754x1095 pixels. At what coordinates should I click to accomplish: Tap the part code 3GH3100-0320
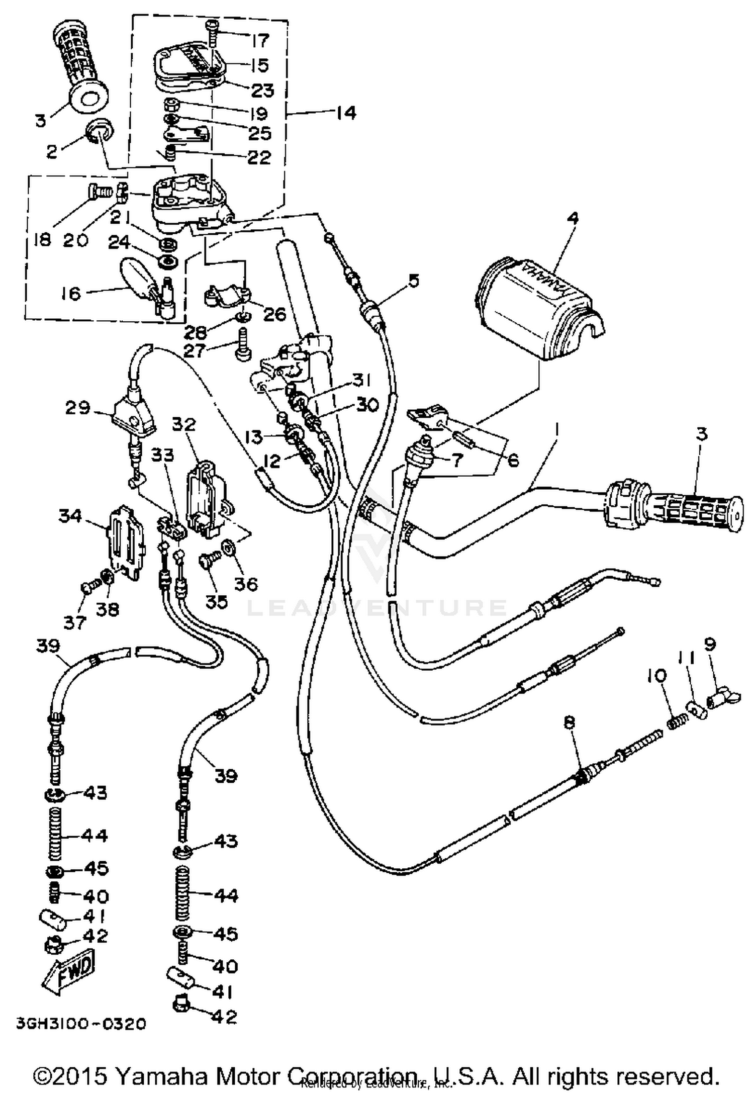81,1023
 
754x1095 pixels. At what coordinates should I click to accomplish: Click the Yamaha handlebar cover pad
538,309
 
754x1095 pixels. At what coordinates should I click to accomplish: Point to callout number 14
346,113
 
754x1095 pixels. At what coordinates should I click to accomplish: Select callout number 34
70,515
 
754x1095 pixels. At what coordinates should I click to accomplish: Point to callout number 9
710,644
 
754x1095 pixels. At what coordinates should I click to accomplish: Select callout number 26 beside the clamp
274,315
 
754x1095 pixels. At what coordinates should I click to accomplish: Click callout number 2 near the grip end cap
52,151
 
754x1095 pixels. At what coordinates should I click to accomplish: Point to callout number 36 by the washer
246,583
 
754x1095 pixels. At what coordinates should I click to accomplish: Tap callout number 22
259,157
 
